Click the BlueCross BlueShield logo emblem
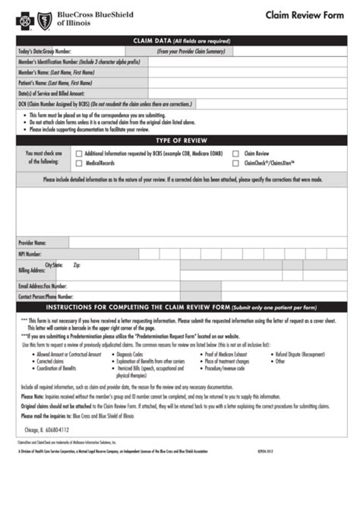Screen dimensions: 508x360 point(30,18)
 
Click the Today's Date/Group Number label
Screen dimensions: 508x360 point(45,51)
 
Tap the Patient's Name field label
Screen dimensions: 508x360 point(50,82)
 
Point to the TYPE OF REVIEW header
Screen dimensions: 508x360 point(180,140)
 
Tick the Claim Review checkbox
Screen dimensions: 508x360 point(237,153)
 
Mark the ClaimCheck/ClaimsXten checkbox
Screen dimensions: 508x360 point(237,163)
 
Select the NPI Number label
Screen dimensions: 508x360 point(30,254)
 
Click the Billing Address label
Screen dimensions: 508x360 point(33,270)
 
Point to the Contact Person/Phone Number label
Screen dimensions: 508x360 point(47,297)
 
